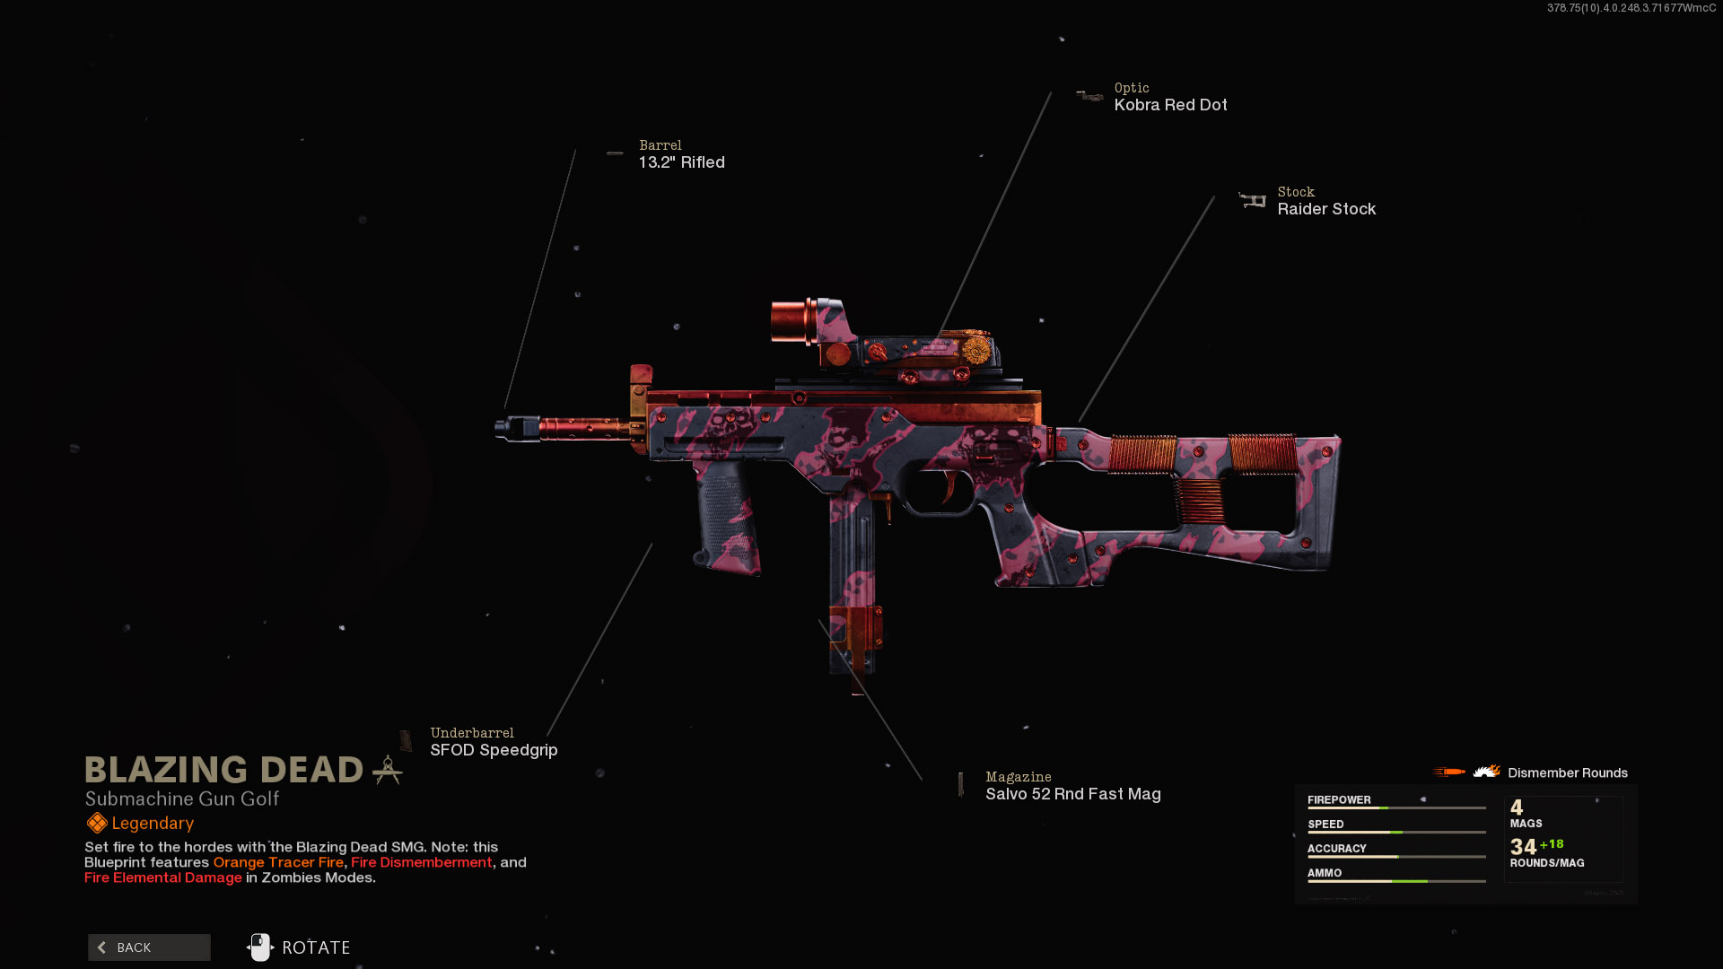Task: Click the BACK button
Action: coord(149,947)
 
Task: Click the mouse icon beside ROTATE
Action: coord(259,947)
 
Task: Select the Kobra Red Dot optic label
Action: coord(1170,105)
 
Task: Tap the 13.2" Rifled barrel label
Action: coord(681,162)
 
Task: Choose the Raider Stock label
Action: coord(1326,209)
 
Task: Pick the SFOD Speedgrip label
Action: coord(494,750)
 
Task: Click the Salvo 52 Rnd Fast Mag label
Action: coord(1073,794)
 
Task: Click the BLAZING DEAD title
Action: coord(223,770)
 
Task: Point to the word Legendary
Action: coord(153,824)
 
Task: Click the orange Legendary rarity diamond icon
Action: coord(97,823)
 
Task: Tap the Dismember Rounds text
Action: coord(1568,773)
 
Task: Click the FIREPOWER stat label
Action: coord(1339,800)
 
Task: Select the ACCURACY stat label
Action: coord(1337,849)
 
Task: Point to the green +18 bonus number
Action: coord(1552,844)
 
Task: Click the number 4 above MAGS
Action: coord(1517,807)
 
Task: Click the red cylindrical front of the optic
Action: coord(789,320)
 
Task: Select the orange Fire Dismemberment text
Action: coord(422,862)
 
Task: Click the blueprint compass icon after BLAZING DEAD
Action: coord(388,770)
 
